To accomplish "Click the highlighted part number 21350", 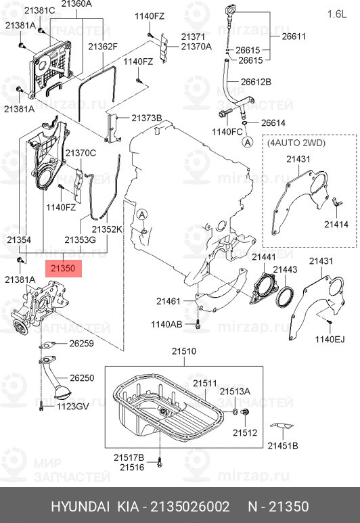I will tap(64, 268).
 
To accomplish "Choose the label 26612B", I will tap(256, 82).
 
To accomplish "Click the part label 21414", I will tap(336, 223).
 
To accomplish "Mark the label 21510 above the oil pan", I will tap(183, 351).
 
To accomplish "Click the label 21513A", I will tap(234, 392).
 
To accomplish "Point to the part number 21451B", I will tap(283, 445).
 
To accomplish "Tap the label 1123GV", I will tap(72, 406).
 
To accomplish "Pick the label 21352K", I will tap(108, 229).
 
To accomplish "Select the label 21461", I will tap(168, 300).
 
